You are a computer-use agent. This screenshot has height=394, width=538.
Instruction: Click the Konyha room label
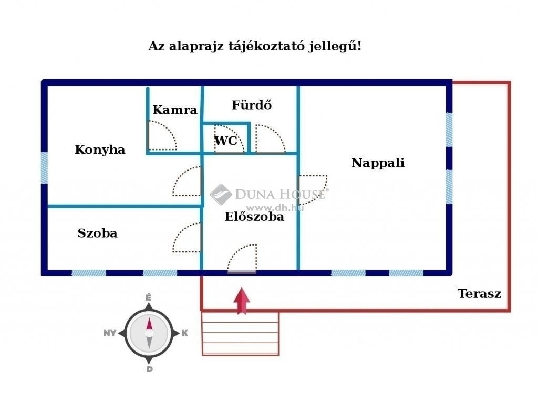pyautogui.click(x=100, y=150)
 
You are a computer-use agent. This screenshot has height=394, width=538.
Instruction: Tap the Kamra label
pyautogui.click(x=174, y=110)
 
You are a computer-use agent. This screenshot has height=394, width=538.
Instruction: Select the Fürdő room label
pyautogui.click(x=252, y=105)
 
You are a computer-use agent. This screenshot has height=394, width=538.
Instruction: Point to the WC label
pyautogui.click(x=226, y=141)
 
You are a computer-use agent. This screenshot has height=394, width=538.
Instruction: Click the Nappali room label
pyautogui.click(x=378, y=163)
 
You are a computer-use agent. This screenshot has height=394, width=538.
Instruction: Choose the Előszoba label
pyautogui.click(x=254, y=217)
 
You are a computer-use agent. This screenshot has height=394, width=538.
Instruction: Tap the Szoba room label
pyautogui.click(x=97, y=233)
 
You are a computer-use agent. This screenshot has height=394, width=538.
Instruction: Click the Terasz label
pyautogui.click(x=479, y=294)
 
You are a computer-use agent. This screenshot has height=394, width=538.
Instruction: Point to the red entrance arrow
pyautogui.click(x=242, y=301)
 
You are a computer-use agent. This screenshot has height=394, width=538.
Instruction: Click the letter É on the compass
pyautogui.click(x=148, y=297)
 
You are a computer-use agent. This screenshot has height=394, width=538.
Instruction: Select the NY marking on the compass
pyautogui.click(x=110, y=333)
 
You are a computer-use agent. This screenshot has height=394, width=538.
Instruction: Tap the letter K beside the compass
pyautogui.click(x=184, y=333)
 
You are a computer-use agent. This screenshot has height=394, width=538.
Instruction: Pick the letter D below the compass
pyautogui.click(x=149, y=369)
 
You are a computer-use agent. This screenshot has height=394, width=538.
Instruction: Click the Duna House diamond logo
pyautogui.click(x=221, y=194)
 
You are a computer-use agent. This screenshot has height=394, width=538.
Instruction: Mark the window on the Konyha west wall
pyautogui.click(x=44, y=168)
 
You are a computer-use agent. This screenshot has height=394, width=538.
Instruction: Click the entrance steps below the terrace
pyautogui.click(x=240, y=333)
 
